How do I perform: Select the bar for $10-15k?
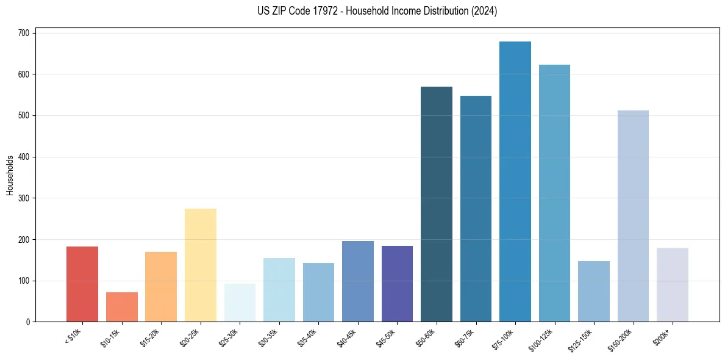pos(122,307)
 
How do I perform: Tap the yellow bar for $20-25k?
pos(201,265)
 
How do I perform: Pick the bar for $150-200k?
pos(633,216)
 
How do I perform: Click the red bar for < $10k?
pos(82,284)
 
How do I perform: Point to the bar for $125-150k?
pos(594,292)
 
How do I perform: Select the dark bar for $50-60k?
pos(437,204)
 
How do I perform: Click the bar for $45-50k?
pos(397,284)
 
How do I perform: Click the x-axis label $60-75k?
pos(465,337)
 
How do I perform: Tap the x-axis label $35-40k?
pos(307,337)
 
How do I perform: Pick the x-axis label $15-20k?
pos(150,337)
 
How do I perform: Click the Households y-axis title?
pos(10,175)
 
